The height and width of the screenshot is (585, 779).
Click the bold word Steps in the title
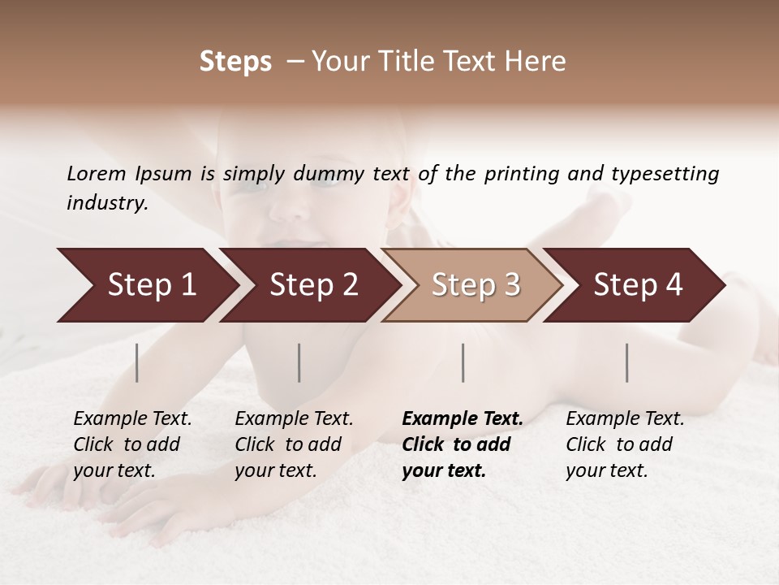click(x=235, y=62)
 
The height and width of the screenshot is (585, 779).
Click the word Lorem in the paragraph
click(x=96, y=174)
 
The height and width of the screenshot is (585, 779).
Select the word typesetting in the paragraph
click(x=664, y=174)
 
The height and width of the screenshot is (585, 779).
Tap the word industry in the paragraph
click(x=107, y=203)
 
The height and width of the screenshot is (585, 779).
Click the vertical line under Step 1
click(x=137, y=362)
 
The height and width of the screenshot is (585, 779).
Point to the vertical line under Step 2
click(x=299, y=362)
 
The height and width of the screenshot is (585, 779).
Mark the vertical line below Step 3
click(x=463, y=362)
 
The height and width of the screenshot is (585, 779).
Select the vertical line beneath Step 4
click(x=627, y=362)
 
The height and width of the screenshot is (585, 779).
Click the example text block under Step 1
click(x=132, y=444)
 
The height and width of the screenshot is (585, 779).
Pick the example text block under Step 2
click(x=294, y=444)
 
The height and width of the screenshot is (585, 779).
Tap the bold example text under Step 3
click(x=463, y=444)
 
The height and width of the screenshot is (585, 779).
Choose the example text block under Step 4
click(x=625, y=444)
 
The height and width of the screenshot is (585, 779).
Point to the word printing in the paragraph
click(x=522, y=174)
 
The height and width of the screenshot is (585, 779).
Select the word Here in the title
click(x=540, y=62)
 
